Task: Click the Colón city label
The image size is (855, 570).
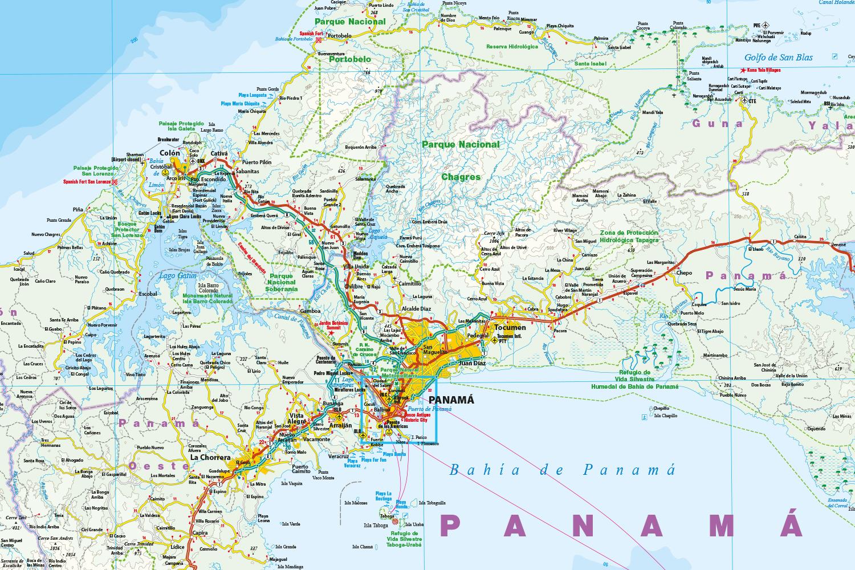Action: coord(170,153)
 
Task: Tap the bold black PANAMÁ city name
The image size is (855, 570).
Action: coord(451,400)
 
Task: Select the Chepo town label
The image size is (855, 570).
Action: coord(684,273)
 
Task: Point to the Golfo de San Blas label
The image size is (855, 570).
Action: coord(778,57)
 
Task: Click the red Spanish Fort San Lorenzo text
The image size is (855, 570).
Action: coord(87,182)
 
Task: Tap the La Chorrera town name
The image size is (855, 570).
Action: coord(210,457)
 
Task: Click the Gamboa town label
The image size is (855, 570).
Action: coord(311,312)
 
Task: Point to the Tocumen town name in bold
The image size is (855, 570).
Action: coord(510,328)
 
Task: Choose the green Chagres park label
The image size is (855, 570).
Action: coord(461,177)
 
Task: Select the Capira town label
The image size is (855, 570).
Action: coord(200,532)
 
